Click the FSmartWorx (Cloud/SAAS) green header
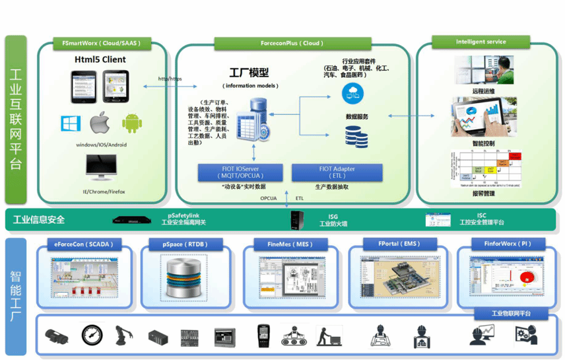101,44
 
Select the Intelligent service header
481,42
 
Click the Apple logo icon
99,123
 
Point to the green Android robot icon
132,123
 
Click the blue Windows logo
70,123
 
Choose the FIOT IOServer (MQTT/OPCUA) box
241,172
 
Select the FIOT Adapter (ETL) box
337,172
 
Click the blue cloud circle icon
352,93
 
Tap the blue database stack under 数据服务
356,137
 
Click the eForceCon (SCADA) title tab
84,244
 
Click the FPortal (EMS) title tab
399,244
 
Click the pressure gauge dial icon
92,336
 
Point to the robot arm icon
124,336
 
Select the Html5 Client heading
100,59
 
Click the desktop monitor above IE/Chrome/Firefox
102,168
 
